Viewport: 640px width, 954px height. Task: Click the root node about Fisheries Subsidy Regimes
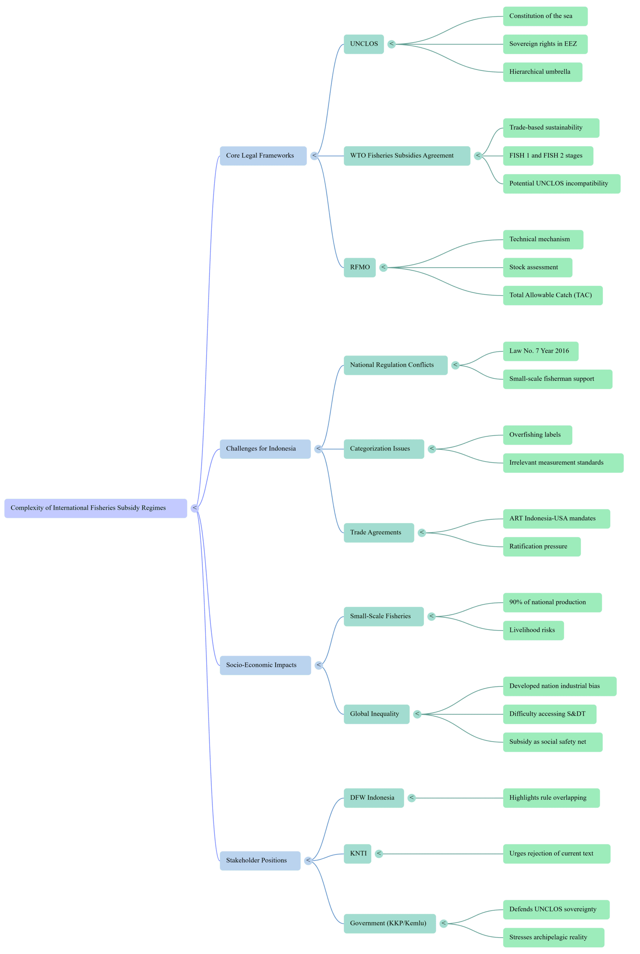coord(96,508)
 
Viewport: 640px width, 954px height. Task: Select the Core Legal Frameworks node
coord(263,156)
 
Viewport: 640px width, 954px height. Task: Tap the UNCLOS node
coord(363,44)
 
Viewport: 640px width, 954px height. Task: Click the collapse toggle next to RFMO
coord(383,267)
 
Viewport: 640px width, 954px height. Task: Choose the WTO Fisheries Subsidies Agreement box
coord(407,156)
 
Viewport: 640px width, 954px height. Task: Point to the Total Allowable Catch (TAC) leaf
coord(552,295)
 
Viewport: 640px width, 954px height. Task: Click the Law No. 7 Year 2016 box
coord(541,351)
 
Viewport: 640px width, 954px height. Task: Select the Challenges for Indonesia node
coord(265,449)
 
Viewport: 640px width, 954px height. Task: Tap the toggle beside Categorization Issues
coord(432,449)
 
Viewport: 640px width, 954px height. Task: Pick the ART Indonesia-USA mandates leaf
coord(556,518)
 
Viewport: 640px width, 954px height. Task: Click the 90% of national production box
coord(552,602)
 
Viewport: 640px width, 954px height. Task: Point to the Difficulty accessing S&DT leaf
coord(550,714)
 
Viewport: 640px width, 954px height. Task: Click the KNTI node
coord(357,853)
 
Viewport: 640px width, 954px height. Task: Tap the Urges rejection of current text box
coord(556,853)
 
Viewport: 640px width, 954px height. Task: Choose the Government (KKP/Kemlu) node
coord(389,923)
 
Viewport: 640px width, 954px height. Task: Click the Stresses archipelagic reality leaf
coord(553,937)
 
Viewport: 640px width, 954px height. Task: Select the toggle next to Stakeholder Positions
coord(308,860)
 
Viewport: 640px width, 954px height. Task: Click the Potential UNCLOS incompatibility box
coord(561,183)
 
